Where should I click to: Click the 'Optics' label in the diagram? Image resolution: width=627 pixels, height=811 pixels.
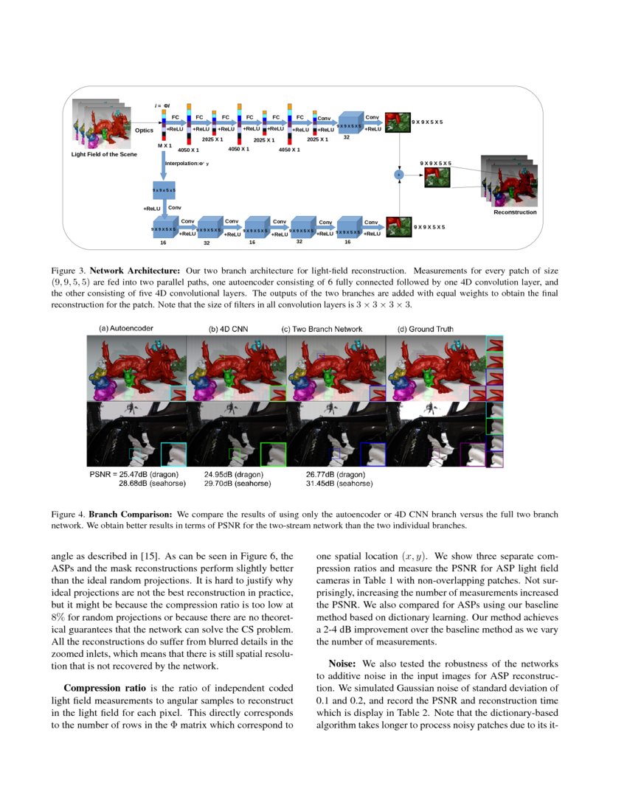pyautogui.click(x=144, y=130)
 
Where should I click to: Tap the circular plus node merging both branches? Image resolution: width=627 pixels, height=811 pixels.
pyautogui.click(x=399, y=174)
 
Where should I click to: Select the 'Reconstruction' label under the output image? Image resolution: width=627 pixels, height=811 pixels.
pyautogui.click(x=515, y=212)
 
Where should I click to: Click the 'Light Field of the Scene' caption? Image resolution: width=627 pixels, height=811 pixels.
pyautogui.click(x=104, y=154)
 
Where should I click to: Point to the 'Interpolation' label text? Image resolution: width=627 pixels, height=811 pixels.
pyautogui.click(x=187, y=163)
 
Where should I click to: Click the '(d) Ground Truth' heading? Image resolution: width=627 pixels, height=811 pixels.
pyautogui.click(x=426, y=329)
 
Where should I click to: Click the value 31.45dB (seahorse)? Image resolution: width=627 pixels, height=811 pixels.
pyautogui.click(x=339, y=484)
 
